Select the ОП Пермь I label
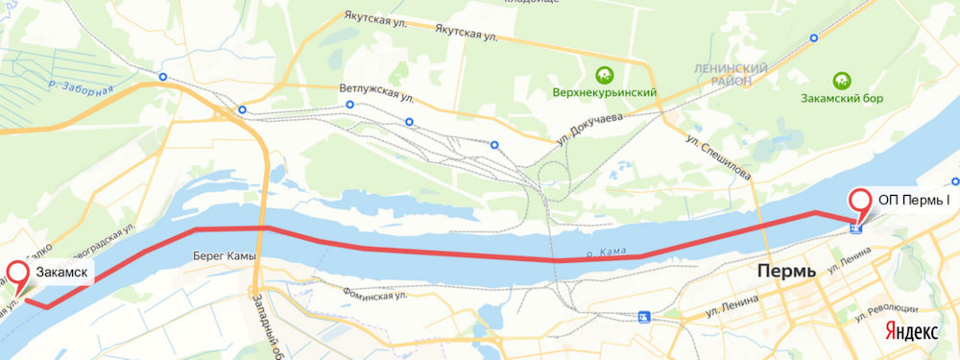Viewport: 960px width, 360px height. [x=914, y=200]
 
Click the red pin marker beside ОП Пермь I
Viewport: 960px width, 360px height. [x=859, y=202]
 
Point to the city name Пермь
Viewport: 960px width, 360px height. [x=785, y=271]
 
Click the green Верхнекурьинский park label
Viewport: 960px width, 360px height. [x=604, y=93]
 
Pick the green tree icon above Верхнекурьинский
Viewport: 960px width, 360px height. [x=604, y=73]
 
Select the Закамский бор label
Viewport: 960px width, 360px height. [x=841, y=98]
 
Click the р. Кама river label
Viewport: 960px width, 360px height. [x=607, y=252]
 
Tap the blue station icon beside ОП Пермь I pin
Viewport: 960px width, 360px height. [x=856, y=228]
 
